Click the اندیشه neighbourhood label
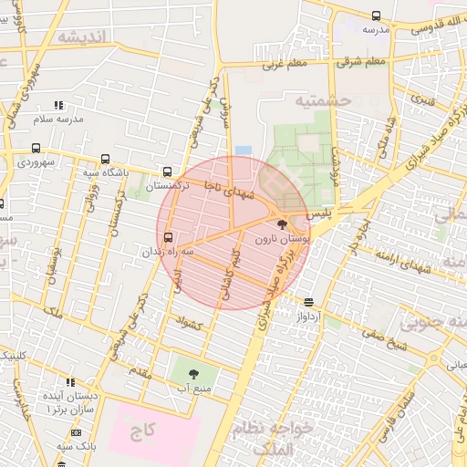click(x=82, y=36)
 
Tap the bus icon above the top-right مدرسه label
click(x=376, y=16)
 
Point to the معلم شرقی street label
click(x=361, y=62)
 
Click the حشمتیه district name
click(x=323, y=100)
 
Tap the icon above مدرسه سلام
click(x=58, y=106)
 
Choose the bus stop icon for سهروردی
click(x=36, y=148)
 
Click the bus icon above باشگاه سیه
click(x=106, y=158)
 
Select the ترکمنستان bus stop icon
click(x=167, y=171)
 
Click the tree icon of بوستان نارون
click(x=280, y=223)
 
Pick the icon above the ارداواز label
click(x=309, y=302)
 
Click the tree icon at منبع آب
click(x=193, y=373)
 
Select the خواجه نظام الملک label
click(x=279, y=438)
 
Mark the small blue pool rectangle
click(x=243, y=150)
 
